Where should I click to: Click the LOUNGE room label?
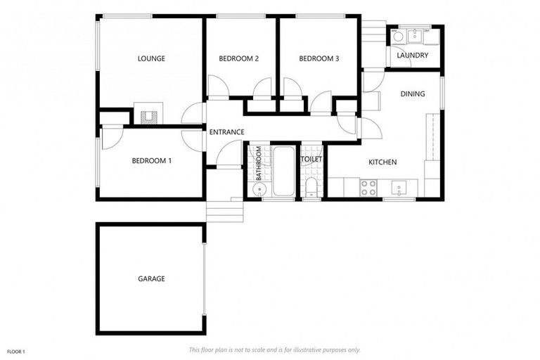click(151, 58)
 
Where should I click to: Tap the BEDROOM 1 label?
click(151, 161)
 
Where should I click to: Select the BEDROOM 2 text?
click(238, 58)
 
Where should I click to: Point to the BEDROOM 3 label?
click(319, 58)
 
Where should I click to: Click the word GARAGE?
click(151, 279)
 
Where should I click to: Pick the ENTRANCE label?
click(226, 131)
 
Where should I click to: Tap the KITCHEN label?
click(382, 162)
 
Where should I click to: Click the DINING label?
click(413, 94)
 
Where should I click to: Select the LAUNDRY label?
click(412, 56)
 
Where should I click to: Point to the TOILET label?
click(311, 160)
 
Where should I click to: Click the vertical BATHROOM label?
click(259, 163)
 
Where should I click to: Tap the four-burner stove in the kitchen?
click(368, 187)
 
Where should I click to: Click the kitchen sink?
click(399, 188)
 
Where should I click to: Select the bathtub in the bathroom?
click(285, 172)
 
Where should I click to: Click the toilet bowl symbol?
click(311, 187)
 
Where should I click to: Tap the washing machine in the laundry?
click(397, 36)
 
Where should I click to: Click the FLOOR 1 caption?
click(16, 351)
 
